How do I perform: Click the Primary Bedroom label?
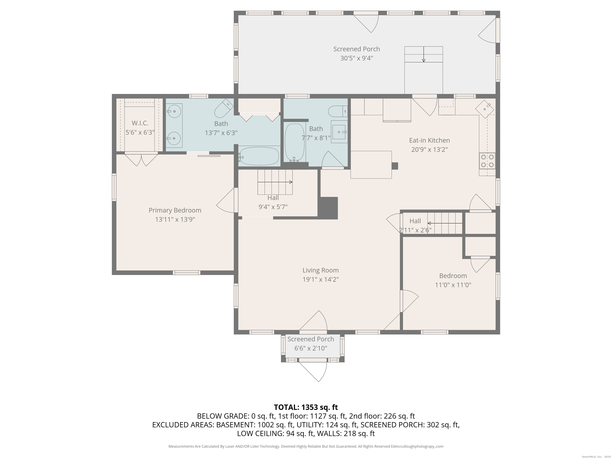pos(175,210)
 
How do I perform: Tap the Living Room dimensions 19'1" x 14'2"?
pos(320,280)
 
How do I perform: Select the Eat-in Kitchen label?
pos(429,140)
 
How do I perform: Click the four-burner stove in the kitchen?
pos(487,161)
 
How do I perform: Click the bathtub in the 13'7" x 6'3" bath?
pos(259,156)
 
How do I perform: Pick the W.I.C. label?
pos(140,123)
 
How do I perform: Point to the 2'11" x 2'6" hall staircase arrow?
pos(445,223)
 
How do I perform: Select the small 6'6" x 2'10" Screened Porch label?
pos(311,339)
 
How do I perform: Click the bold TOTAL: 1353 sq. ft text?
pos(306,407)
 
